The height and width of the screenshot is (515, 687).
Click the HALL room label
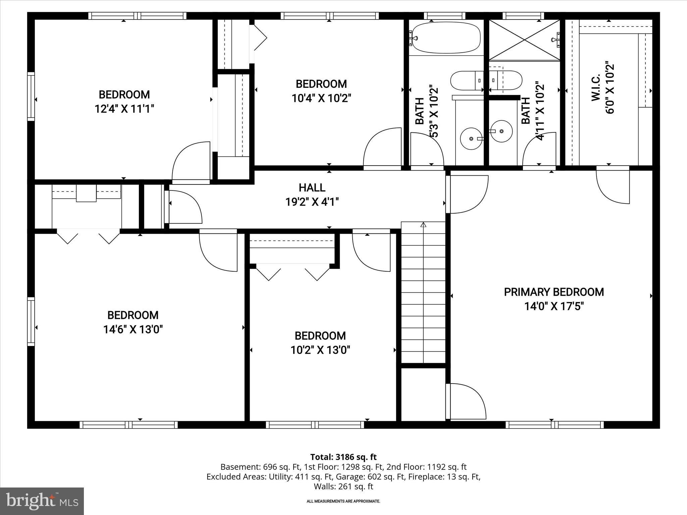point(312,187)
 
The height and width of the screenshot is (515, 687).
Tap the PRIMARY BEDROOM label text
point(554,292)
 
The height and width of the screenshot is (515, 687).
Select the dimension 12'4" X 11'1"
point(124,109)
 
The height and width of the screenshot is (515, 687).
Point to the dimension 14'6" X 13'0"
point(133,330)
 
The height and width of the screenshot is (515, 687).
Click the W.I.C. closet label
point(596,88)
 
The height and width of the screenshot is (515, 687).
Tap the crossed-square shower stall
point(524,40)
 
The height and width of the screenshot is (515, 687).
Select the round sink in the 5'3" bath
point(471,138)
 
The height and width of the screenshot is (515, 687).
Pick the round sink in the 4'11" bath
point(501,131)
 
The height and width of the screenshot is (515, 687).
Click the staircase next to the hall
point(423,295)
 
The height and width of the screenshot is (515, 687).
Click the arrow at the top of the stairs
point(423,225)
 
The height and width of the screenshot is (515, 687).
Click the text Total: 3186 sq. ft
point(343,457)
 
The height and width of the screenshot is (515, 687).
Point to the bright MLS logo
point(42,501)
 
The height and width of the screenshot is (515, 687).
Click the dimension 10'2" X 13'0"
point(320,350)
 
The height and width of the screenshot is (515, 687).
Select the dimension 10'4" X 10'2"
point(321,98)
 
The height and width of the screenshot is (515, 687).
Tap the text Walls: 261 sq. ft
point(343,486)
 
